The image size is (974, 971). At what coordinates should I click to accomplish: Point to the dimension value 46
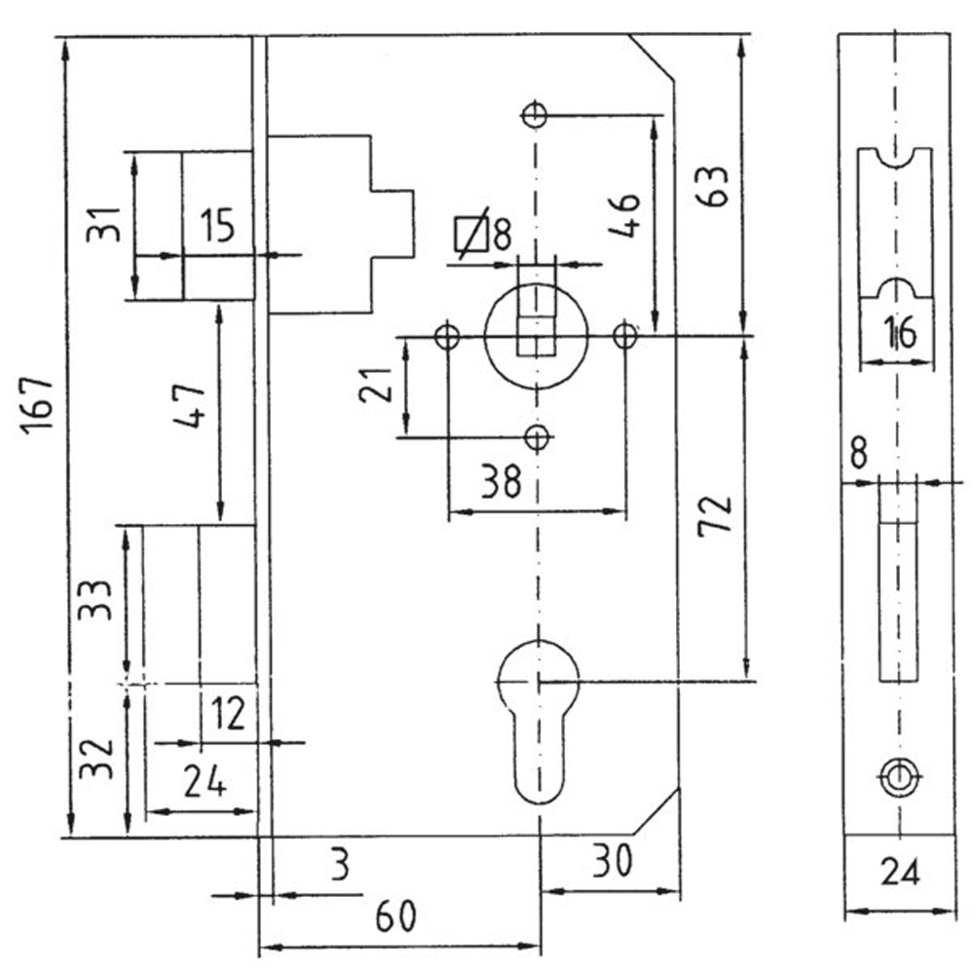[x=624, y=215]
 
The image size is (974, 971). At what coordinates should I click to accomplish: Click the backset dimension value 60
[x=395, y=916]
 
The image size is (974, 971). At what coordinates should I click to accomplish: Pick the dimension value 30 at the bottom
[x=613, y=862]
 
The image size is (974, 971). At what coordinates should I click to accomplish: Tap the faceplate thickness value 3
[x=340, y=866]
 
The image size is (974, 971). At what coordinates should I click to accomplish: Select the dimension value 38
[x=502, y=481]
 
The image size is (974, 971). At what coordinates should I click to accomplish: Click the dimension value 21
[x=376, y=385]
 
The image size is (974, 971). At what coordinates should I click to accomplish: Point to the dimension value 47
[x=189, y=406]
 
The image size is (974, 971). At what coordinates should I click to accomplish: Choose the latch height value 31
[x=103, y=225]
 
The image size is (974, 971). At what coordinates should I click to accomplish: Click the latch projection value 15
[x=217, y=226]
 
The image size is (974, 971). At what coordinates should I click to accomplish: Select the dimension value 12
[x=228, y=714]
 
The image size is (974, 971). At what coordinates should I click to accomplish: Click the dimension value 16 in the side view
[x=900, y=333]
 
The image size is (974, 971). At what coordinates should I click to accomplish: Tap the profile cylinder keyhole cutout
[x=539, y=722]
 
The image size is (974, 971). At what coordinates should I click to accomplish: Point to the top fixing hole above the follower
[x=534, y=114]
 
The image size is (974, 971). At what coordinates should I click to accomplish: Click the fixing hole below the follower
[x=538, y=437]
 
